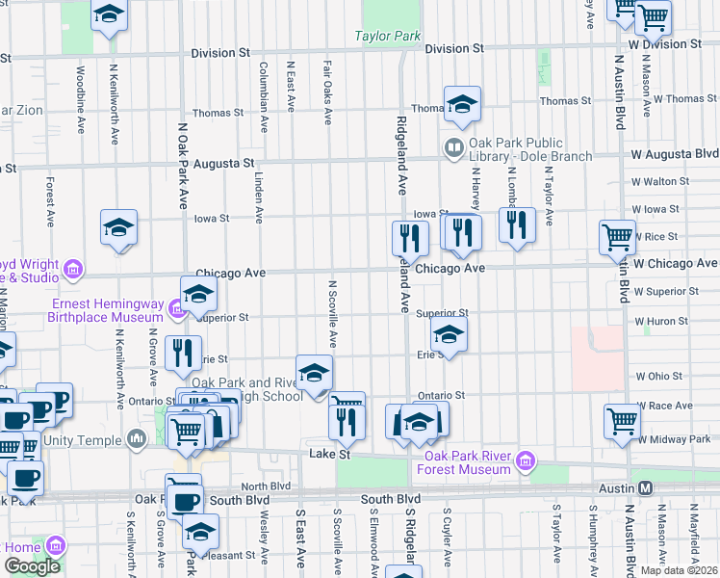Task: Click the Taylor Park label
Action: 388,37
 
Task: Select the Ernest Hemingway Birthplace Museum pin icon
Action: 175,309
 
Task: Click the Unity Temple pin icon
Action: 137,439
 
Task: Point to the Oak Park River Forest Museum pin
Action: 526,462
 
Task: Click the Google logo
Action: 32,565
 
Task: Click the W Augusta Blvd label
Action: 674,154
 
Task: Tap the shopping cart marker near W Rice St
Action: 617,236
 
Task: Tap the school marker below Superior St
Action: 449,336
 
